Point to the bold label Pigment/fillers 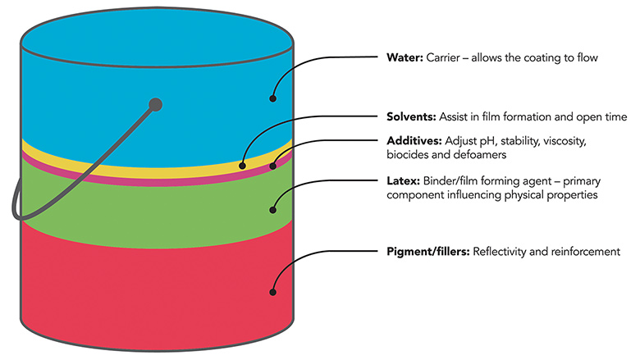[x=427, y=251]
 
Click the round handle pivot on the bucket [x=155, y=103]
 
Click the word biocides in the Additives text [x=406, y=155]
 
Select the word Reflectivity [x=501, y=251]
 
